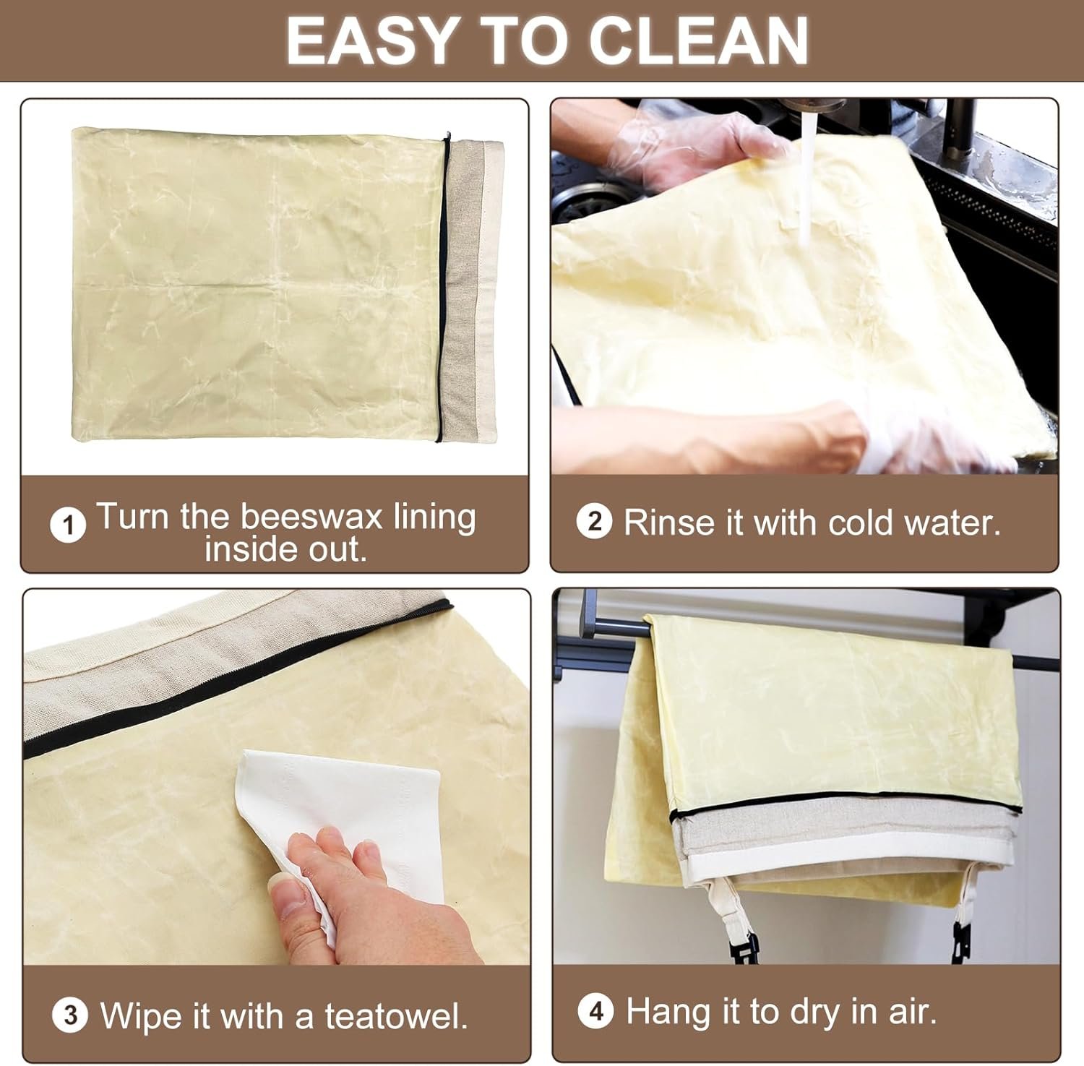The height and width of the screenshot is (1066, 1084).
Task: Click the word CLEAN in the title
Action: click(698, 41)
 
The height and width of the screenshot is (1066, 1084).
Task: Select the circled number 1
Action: click(68, 525)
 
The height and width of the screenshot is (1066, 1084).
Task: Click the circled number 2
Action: click(594, 521)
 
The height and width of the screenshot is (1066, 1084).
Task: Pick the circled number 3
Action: click(70, 1015)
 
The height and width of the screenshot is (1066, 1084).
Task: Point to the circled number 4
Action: click(595, 1011)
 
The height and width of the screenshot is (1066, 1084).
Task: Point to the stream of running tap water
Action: click(806, 181)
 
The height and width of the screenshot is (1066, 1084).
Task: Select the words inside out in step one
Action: click(285, 549)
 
